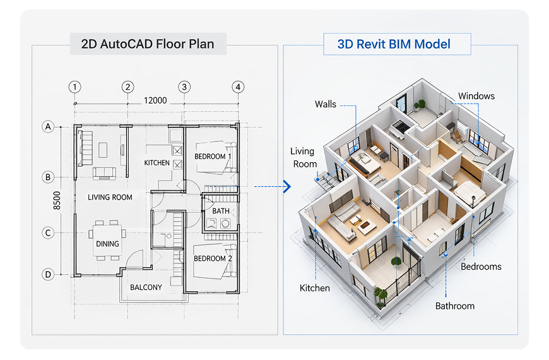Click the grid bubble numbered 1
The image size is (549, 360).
tap(76, 87)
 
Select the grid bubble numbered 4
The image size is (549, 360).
tap(237, 87)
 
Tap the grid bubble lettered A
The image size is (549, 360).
tap(48, 127)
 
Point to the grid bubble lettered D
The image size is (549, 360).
tap(48, 274)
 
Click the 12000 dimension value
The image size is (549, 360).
tap(155, 100)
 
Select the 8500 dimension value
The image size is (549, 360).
tap(57, 199)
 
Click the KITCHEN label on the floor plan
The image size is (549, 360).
tap(157, 163)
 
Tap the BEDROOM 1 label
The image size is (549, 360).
tap(213, 156)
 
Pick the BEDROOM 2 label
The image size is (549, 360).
tap(213, 258)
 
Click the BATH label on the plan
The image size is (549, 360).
tap(221, 211)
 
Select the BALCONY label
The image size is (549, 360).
tap(146, 287)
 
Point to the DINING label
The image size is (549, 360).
tap(107, 243)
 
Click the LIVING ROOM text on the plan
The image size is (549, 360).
tap(110, 197)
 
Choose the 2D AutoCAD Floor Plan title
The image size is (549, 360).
tap(148, 44)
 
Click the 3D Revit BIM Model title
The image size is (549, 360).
tap(394, 44)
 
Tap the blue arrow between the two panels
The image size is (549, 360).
tap(286, 186)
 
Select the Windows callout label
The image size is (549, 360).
tap(476, 96)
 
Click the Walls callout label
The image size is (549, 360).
tap(326, 104)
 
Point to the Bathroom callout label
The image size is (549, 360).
tap(454, 306)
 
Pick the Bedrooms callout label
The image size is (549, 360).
tap(481, 267)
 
